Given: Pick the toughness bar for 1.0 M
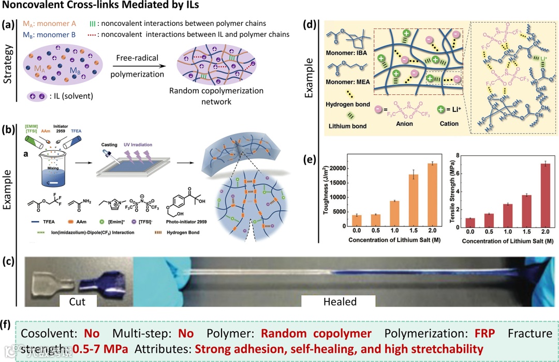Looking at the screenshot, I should coord(394,214).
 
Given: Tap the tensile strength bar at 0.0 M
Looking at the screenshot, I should coord(470,223).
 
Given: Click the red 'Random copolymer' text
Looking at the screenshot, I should coord(316,333).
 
